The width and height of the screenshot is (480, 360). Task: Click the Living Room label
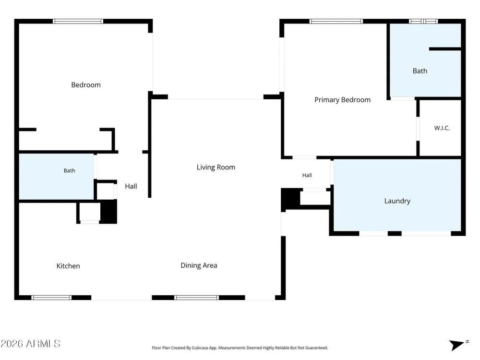[216, 167]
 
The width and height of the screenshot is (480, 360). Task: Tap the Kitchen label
[68, 266]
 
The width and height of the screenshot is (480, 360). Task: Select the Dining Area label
[199, 265]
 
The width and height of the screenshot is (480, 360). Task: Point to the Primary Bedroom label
[343, 100]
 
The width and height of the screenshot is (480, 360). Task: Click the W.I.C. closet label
[442, 128]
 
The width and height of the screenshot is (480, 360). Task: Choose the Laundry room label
[397, 201]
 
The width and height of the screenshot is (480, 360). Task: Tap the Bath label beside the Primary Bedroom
[420, 71]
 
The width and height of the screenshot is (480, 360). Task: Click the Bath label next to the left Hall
[70, 170]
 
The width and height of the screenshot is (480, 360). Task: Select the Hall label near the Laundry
[307, 175]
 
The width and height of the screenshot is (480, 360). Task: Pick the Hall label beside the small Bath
[131, 186]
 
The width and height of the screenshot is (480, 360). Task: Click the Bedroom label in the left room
[86, 85]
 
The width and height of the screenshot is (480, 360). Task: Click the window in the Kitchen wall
[51, 298]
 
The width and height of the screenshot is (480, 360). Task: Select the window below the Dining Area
[196, 298]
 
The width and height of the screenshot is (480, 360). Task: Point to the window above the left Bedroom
[78, 21]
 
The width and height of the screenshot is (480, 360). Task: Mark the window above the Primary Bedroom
[336, 21]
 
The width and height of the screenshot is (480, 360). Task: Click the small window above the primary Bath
[423, 21]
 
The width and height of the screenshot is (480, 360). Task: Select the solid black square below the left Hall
[108, 212]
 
